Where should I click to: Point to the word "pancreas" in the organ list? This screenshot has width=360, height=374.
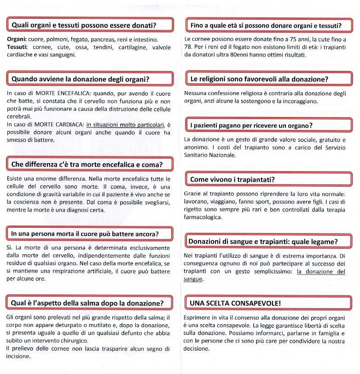pyautogui.click(x=98, y=40)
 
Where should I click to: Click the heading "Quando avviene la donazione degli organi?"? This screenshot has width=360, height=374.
pyautogui.click(x=80, y=79)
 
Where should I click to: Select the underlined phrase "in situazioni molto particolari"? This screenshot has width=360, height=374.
pyautogui.click(x=125, y=125)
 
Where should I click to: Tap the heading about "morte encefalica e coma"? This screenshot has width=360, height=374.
pyautogui.click(x=87, y=164)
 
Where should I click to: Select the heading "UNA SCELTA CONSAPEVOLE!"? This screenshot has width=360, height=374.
pyautogui.click(x=235, y=303)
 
